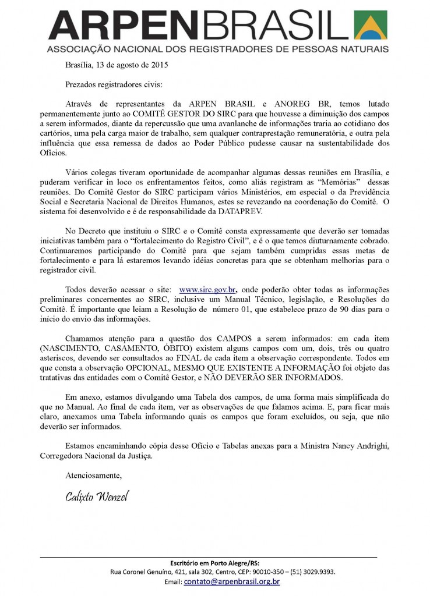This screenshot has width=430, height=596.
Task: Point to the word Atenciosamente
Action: [93, 475]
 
